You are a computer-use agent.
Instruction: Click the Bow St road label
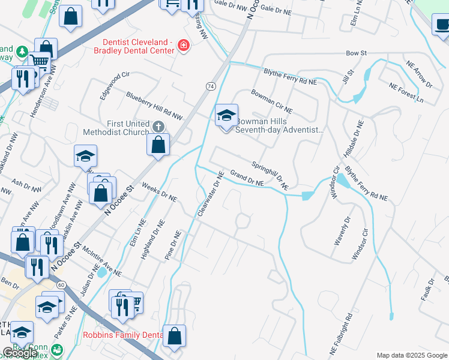pyautogui.click(x=356, y=53)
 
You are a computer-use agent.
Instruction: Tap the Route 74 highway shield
pyautogui.click(x=210, y=86)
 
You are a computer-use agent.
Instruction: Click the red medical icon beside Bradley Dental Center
pyautogui.click(x=183, y=46)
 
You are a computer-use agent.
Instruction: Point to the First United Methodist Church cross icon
pyautogui.click(x=158, y=126)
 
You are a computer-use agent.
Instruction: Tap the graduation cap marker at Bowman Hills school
pyautogui.click(x=227, y=116)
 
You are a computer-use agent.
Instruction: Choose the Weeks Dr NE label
pyautogui.click(x=159, y=193)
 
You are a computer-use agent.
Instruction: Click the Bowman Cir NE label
pyautogui.click(x=271, y=101)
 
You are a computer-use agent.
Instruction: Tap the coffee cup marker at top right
pyautogui.click(x=442, y=26)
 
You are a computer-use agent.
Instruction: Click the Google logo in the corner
pyautogui.click(x=20, y=353)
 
